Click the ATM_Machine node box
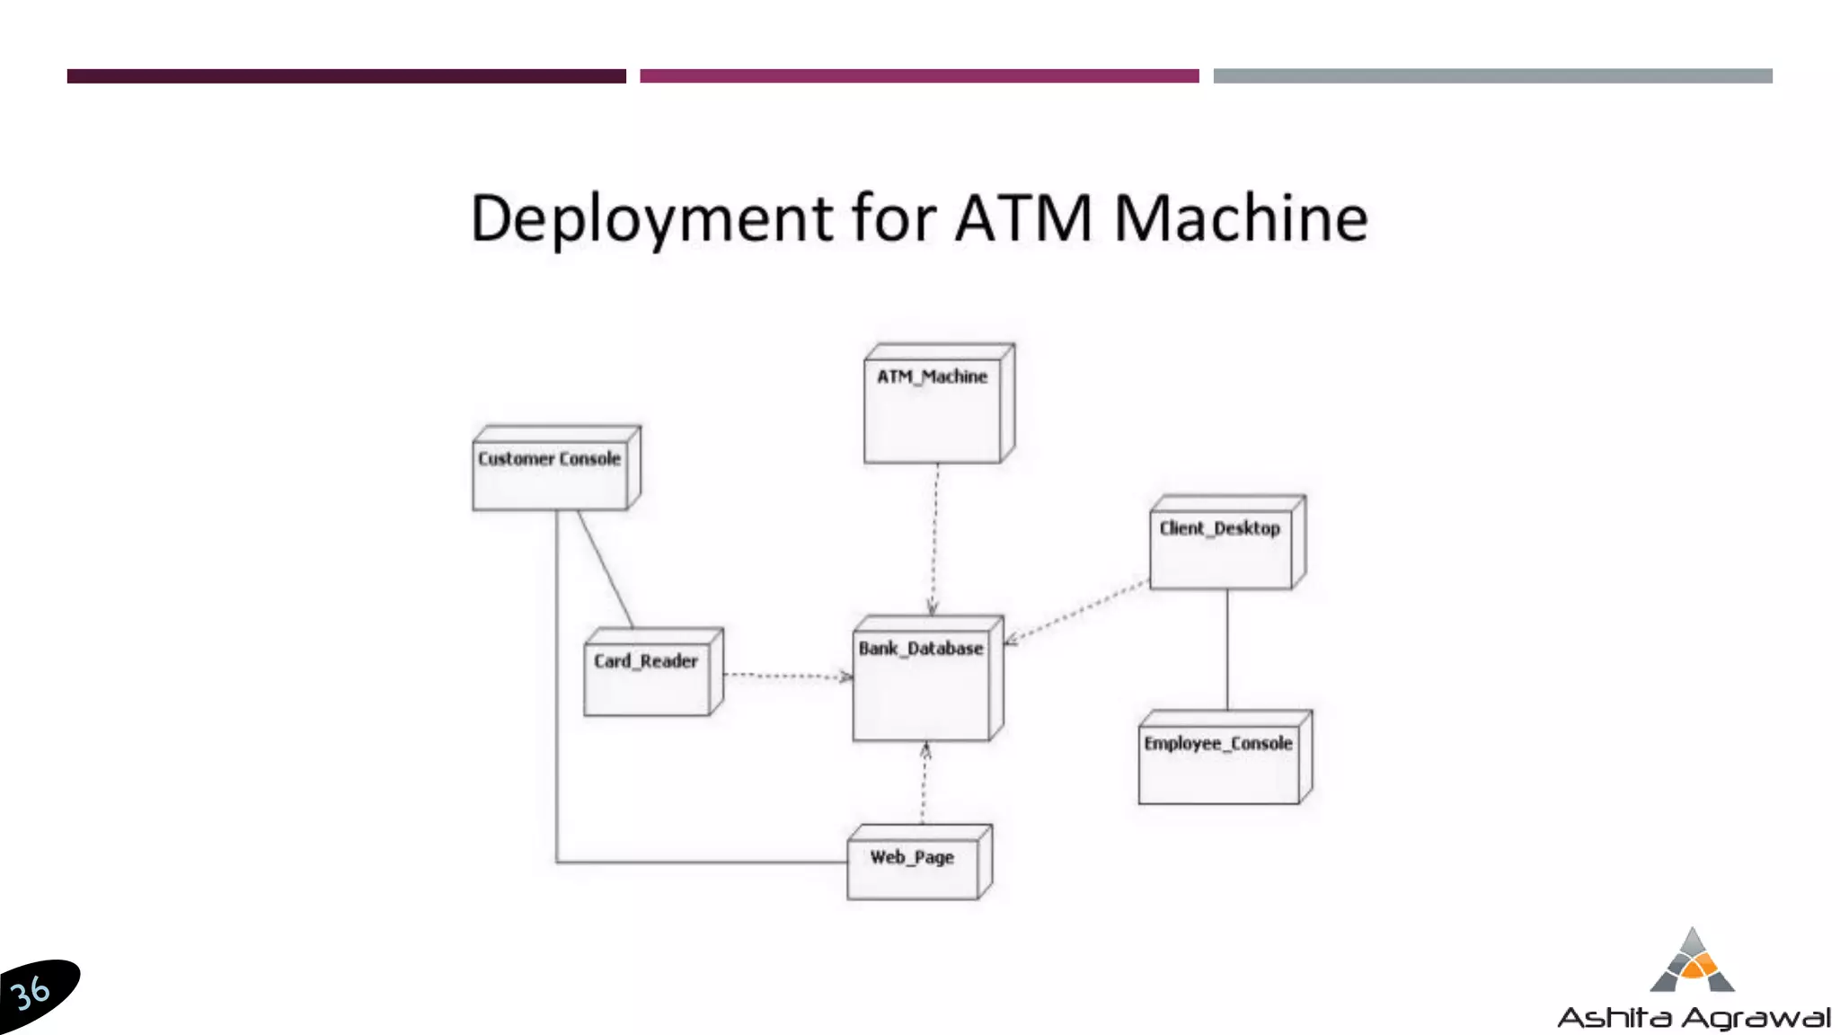[934, 409]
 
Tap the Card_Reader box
[649, 676]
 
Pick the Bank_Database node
[924, 683]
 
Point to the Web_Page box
[915, 864]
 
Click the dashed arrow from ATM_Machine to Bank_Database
[934, 539]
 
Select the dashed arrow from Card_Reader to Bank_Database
[786, 675]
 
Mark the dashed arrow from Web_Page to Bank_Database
[924, 783]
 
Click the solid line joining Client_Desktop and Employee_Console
[1227, 649]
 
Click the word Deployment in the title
[652, 219]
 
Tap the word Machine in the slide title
[1241, 219]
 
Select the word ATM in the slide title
[1023, 219]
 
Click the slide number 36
[31, 993]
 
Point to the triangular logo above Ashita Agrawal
[1693, 961]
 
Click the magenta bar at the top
[919, 76]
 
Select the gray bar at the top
[1492, 76]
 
